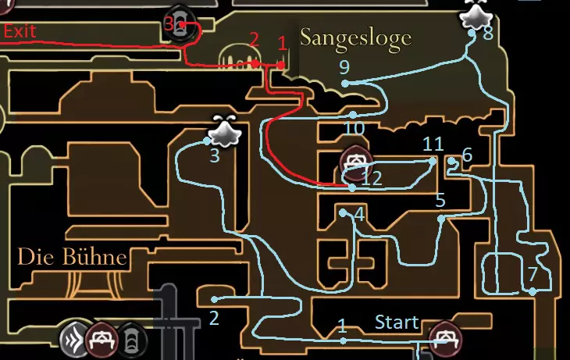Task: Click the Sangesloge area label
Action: click(356, 38)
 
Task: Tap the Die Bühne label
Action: click(73, 257)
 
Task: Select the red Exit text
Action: click(20, 31)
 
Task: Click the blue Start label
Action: click(397, 323)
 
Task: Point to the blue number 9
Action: click(344, 67)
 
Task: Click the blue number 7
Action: click(533, 274)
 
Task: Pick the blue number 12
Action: click(372, 178)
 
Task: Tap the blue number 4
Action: click(359, 215)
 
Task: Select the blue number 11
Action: click(433, 144)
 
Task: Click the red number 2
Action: click(255, 39)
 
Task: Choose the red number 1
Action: click(283, 44)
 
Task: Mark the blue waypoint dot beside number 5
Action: click(441, 219)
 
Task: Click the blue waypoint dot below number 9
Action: click(345, 84)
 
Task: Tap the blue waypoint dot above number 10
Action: click(353, 115)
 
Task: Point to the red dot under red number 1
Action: click(281, 65)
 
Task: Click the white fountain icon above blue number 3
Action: click(224, 131)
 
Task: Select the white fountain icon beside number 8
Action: click(476, 15)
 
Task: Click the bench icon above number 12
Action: click(356, 163)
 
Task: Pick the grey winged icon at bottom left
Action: click(74, 340)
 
